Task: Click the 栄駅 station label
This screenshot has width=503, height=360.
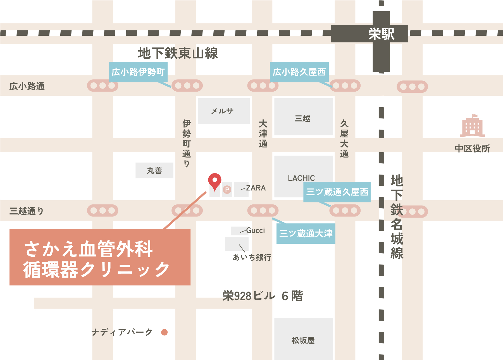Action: pos(381,34)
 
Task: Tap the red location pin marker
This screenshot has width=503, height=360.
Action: pos(215,181)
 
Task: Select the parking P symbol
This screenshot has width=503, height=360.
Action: pos(227,190)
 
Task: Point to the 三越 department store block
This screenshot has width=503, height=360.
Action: pos(303,117)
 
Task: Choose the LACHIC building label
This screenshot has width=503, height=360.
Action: pos(301,178)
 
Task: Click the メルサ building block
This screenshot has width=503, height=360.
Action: pos(223,111)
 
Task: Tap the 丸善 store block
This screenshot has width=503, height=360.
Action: pos(154,170)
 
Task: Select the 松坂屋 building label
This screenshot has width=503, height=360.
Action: pos(303,340)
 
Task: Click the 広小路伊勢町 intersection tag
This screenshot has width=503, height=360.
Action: pos(138,72)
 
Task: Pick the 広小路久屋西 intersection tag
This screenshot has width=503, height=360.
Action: pos(299,72)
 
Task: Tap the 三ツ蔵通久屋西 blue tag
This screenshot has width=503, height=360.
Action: pos(337,192)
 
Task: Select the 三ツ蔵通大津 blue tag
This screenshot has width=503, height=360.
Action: pos(306,233)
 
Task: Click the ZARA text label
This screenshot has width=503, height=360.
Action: pos(256,188)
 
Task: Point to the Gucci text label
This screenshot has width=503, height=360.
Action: pos(255,230)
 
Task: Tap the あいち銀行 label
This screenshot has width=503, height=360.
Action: pos(252,257)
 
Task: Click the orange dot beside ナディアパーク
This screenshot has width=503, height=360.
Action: pos(164,332)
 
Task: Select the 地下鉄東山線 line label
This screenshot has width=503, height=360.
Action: pos(178,53)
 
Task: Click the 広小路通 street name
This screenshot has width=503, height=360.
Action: pos(27,86)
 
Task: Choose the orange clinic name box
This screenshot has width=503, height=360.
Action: pos(100,257)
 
